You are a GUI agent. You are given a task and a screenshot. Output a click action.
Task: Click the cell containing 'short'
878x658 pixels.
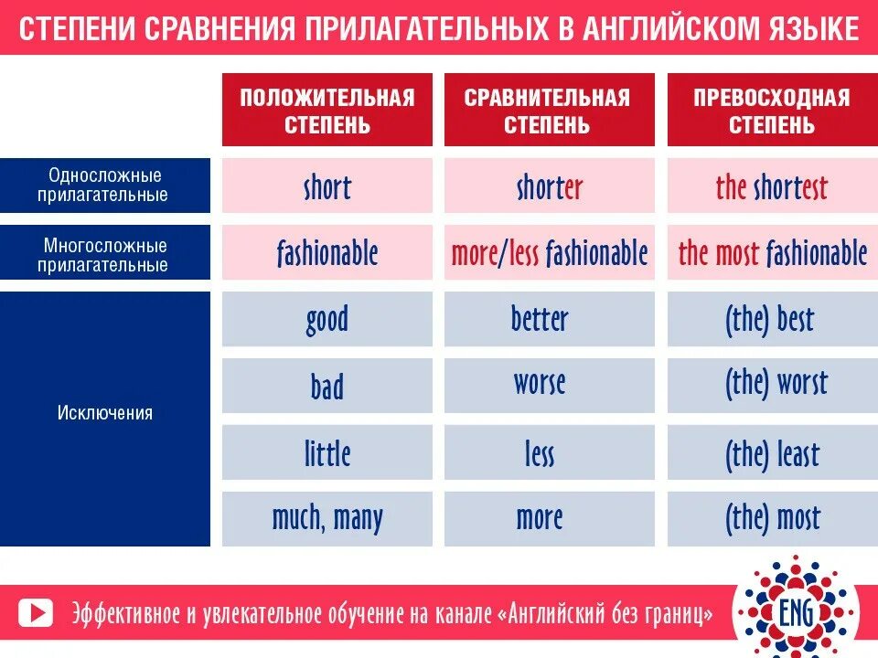click(x=327, y=187)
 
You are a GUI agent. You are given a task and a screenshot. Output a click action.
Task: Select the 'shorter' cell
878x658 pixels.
click(x=549, y=187)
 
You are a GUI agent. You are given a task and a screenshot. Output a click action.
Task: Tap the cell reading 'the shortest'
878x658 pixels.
click(x=771, y=187)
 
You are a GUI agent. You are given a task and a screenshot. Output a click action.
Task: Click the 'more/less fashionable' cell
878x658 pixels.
click(x=549, y=253)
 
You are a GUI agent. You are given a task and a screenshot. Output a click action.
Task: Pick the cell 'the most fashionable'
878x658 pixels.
click(x=771, y=253)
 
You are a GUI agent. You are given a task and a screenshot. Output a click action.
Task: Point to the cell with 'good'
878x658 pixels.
click(x=327, y=319)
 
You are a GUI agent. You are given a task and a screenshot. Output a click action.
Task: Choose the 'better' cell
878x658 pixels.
click(x=549, y=319)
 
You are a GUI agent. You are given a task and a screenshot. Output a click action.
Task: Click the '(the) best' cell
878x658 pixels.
click(x=771, y=319)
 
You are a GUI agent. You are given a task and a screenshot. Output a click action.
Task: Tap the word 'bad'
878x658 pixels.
click(x=327, y=387)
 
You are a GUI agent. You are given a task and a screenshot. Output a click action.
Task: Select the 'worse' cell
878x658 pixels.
click(x=549, y=385)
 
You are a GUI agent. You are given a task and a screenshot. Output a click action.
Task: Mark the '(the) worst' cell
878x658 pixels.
click(x=771, y=385)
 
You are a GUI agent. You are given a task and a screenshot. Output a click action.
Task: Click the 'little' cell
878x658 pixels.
click(x=327, y=453)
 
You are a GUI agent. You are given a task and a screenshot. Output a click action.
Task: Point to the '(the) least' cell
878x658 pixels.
click(x=771, y=453)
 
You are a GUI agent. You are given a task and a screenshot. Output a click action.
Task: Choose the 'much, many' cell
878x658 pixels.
click(x=327, y=519)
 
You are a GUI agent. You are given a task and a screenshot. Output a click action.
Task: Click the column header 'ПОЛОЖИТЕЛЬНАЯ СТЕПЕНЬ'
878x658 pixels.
click(x=327, y=110)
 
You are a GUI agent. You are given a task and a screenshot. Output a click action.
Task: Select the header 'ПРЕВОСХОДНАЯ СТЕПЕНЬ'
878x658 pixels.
click(x=771, y=110)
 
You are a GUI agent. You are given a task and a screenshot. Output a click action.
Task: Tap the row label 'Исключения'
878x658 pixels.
click(x=105, y=413)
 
